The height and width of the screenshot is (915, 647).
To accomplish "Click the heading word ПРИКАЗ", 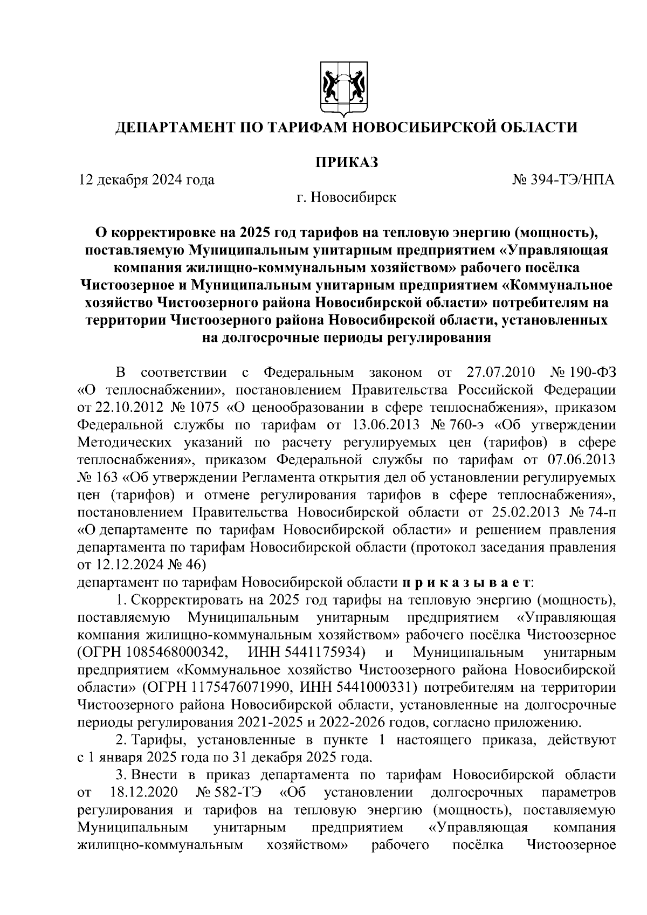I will [346, 161].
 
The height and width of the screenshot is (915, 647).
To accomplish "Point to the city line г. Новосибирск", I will [346, 198].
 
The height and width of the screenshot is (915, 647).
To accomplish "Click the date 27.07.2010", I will [499, 373].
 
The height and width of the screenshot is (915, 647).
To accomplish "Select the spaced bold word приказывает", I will [467, 583].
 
